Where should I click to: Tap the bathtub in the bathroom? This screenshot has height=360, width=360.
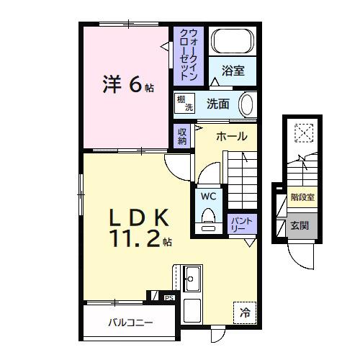click(x=233, y=40)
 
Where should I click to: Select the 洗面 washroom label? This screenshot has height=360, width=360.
click(x=218, y=104)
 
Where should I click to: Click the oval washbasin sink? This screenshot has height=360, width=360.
click(x=246, y=104)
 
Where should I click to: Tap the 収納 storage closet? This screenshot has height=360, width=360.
click(x=182, y=136)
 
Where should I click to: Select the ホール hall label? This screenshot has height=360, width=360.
click(x=232, y=136)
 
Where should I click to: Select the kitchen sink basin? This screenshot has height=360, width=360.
click(x=192, y=275)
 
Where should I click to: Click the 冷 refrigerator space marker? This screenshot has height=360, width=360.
click(x=245, y=312)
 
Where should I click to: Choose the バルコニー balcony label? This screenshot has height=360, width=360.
click(x=130, y=322)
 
